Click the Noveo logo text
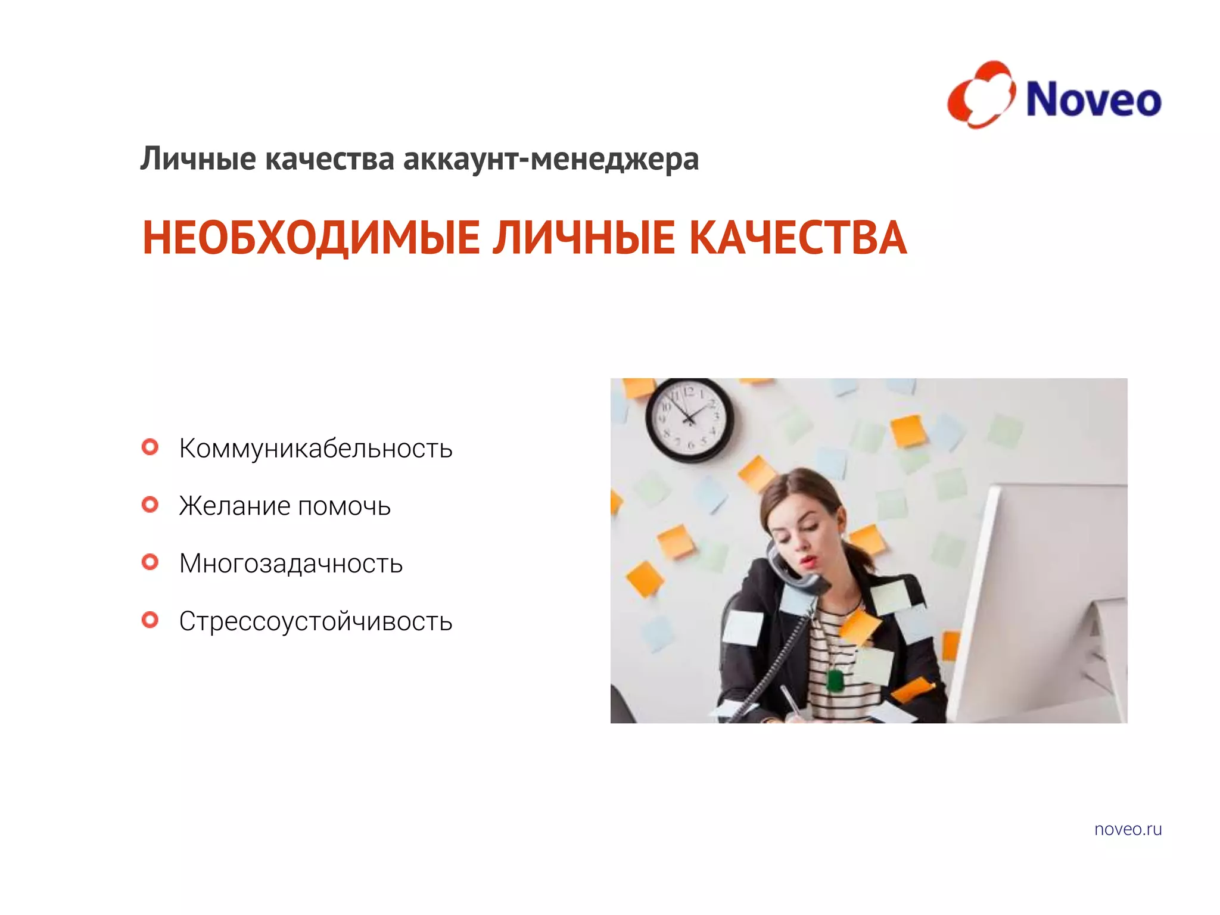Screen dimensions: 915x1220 [1093, 99]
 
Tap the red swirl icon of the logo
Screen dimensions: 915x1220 [981, 95]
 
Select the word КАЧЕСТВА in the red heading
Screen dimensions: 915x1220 [798, 238]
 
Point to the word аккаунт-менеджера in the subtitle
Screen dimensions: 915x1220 [550, 160]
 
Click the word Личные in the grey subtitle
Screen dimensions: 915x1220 [198, 160]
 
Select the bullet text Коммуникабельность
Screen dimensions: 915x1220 [316, 449]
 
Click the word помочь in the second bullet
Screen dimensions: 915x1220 [344, 506]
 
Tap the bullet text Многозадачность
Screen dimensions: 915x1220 [291, 564]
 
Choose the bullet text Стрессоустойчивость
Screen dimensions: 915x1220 [316, 621]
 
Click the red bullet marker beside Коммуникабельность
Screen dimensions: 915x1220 [150, 447]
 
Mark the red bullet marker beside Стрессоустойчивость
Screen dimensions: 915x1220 [150, 620]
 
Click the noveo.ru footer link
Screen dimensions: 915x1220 [1128, 829]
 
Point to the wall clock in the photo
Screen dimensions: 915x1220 [689, 419]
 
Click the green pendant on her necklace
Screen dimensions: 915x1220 [835, 681]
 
